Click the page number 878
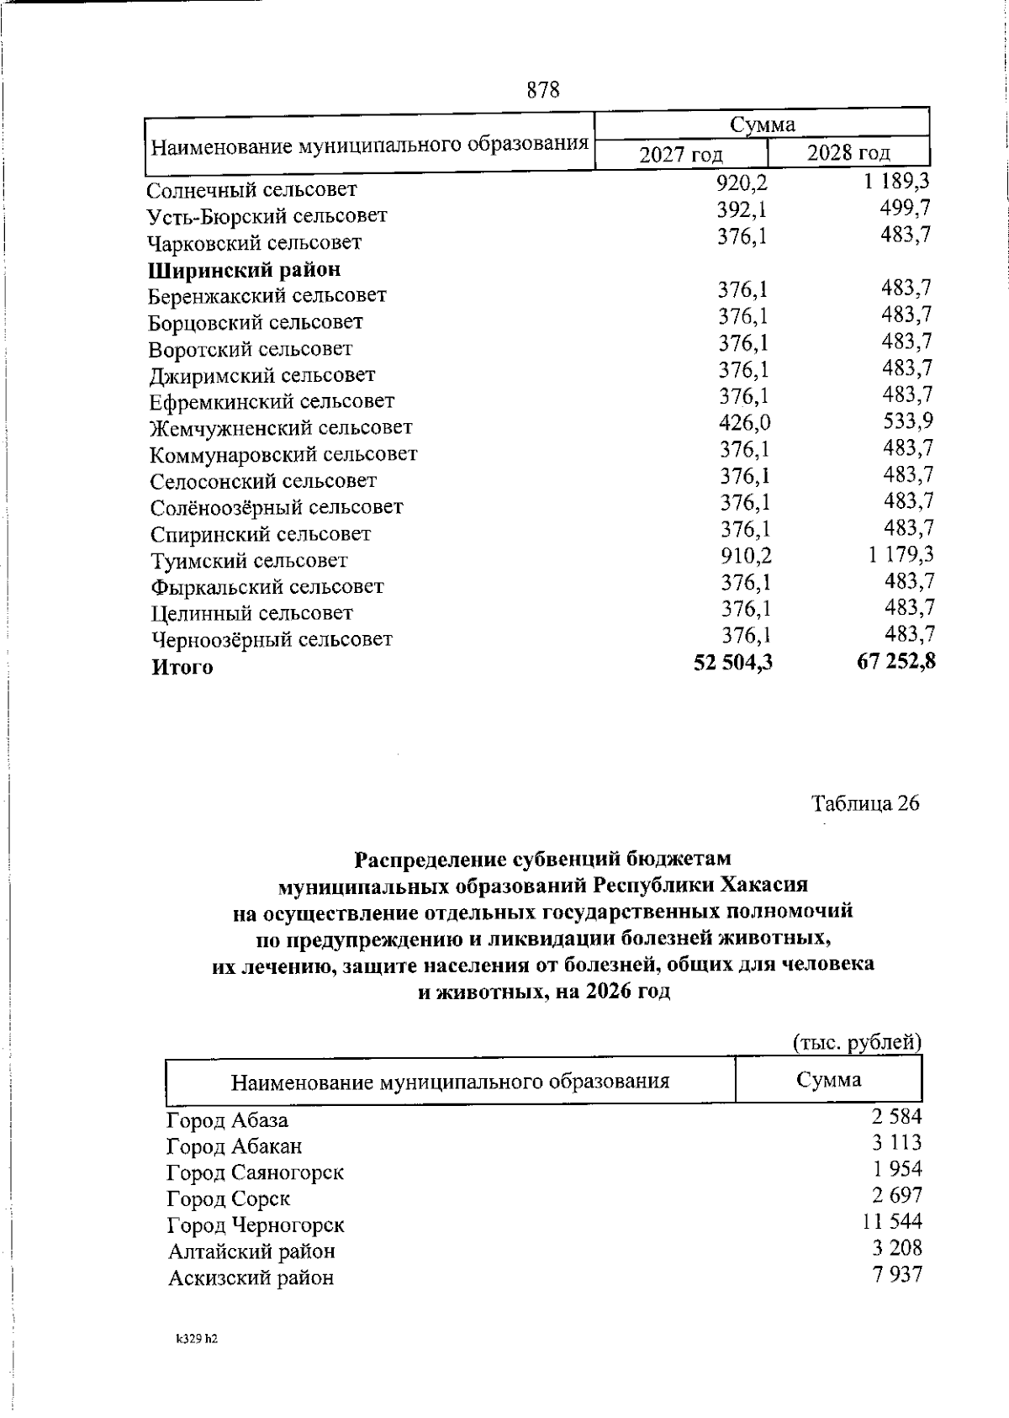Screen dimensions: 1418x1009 tap(543, 89)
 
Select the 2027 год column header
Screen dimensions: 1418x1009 tap(681, 155)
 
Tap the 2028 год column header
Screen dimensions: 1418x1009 tap(848, 153)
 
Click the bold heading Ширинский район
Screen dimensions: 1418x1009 tap(245, 270)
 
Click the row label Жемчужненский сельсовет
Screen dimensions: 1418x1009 tap(281, 428)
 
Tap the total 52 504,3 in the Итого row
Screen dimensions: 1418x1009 tap(732, 664)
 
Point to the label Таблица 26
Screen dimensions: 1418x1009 tap(865, 803)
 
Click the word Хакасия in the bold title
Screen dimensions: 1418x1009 tap(767, 886)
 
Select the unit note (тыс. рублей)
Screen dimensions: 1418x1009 tap(858, 1042)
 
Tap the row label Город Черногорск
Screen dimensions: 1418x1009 tap(256, 1225)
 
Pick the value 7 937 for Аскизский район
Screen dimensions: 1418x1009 tap(898, 1274)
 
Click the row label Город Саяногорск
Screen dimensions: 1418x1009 tap(256, 1172)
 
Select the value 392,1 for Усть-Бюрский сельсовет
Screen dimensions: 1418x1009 tap(742, 209)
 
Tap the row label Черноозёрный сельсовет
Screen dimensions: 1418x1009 tap(272, 640)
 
